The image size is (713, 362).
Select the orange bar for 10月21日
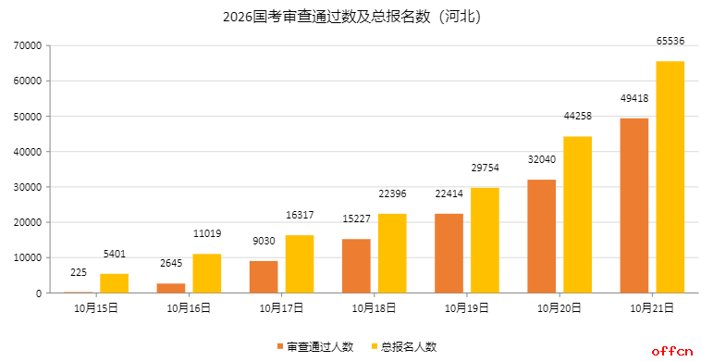(x=633, y=206)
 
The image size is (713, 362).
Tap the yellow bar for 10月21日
(x=670, y=177)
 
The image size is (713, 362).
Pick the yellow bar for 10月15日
(x=114, y=283)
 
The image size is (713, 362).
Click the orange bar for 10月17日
(x=263, y=277)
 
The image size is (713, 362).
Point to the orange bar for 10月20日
(x=541, y=236)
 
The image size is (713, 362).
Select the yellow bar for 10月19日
(x=485, y=240)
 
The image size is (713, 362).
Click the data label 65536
(x=670, y=42)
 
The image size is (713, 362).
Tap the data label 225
(x=78, y=272)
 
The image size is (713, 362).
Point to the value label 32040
(x=541, y=159)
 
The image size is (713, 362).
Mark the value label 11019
(x=207, y=234)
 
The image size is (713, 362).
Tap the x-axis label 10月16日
(x=189, y=307)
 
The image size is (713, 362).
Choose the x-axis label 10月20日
(x=559, y=307)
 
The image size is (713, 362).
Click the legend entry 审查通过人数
(x=314, y=346)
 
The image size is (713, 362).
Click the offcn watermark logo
(x=672, y=351)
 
